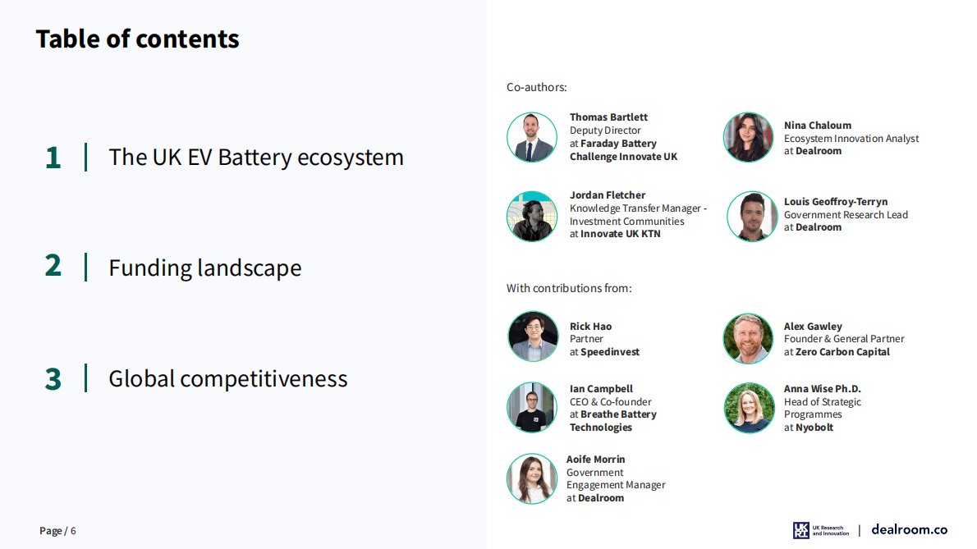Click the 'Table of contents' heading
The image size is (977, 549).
click(x=137, y=39)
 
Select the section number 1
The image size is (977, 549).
click(x=53, y=158)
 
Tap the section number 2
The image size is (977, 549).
click(x=53, y=266)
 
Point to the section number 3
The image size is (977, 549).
click(x=53, y=379)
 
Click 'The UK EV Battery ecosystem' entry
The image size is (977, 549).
click(x=256, y=158)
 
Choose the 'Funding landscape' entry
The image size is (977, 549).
click(x=205, y=268)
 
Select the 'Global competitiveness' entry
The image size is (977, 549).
click(x=228, y=378)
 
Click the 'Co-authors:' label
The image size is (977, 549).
click(x=536, y=87)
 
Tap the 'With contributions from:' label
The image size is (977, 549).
click(x=569, y=288)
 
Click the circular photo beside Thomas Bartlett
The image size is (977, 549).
click(x=532, y=137)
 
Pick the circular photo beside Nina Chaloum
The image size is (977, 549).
click(x=748, y=137)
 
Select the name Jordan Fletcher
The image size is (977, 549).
click(x=608, y=194)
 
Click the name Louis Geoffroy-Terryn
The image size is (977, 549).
click(x=836, y=202)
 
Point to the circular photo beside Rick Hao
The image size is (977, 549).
click(x=533, y=336)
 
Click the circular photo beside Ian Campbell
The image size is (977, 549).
click(x=532, y=408)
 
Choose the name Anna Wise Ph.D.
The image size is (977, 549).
click(x=823, y=388)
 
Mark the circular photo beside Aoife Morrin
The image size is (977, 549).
click(x=532, y=478)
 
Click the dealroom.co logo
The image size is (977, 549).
click(x=909, y=529)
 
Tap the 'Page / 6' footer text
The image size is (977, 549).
click(x=57, y=531)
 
